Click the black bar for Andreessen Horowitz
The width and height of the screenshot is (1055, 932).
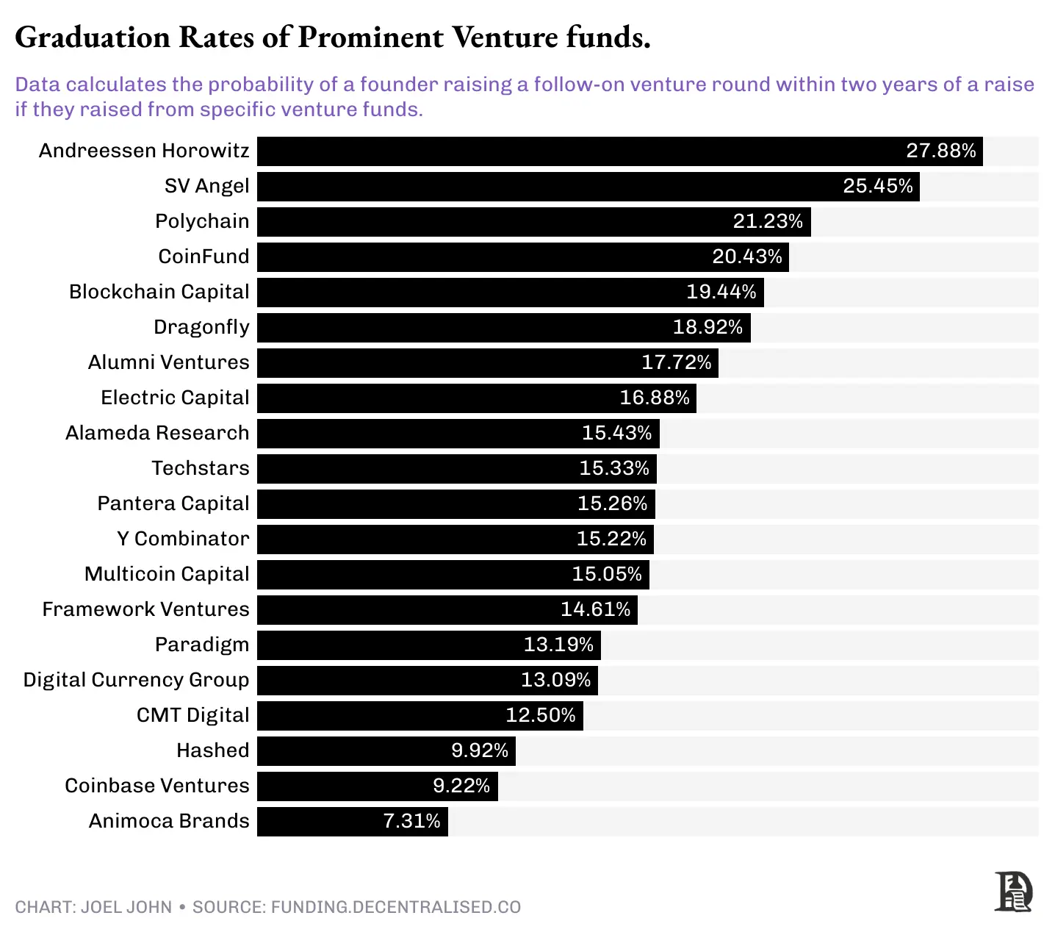(x=573, y=151)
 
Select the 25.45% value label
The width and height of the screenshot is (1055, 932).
(x=877, y=186)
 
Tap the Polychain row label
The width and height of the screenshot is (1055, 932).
(x=202, y=221)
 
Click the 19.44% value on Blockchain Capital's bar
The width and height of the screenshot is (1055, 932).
(x=721, y=292)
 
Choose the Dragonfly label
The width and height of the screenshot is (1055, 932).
(x=201, y=327)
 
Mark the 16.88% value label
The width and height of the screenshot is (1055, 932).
(x=654, y=398)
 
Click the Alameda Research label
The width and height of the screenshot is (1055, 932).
(x=157, y=433)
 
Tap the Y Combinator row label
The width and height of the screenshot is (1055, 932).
(x=183, y=539)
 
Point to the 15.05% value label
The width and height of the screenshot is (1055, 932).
(x=606, y=574)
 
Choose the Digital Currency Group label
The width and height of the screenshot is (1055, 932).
(x=136, y=680)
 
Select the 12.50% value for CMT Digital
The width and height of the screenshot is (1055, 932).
(x=540, y=715)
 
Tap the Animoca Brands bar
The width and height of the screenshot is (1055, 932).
(x=316, y=821)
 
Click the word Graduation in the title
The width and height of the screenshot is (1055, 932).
(x=93, y=37)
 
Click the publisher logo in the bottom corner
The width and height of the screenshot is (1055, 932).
(x=1013, y=892)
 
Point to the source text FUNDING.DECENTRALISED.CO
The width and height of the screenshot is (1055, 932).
(x=395, y=907)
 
